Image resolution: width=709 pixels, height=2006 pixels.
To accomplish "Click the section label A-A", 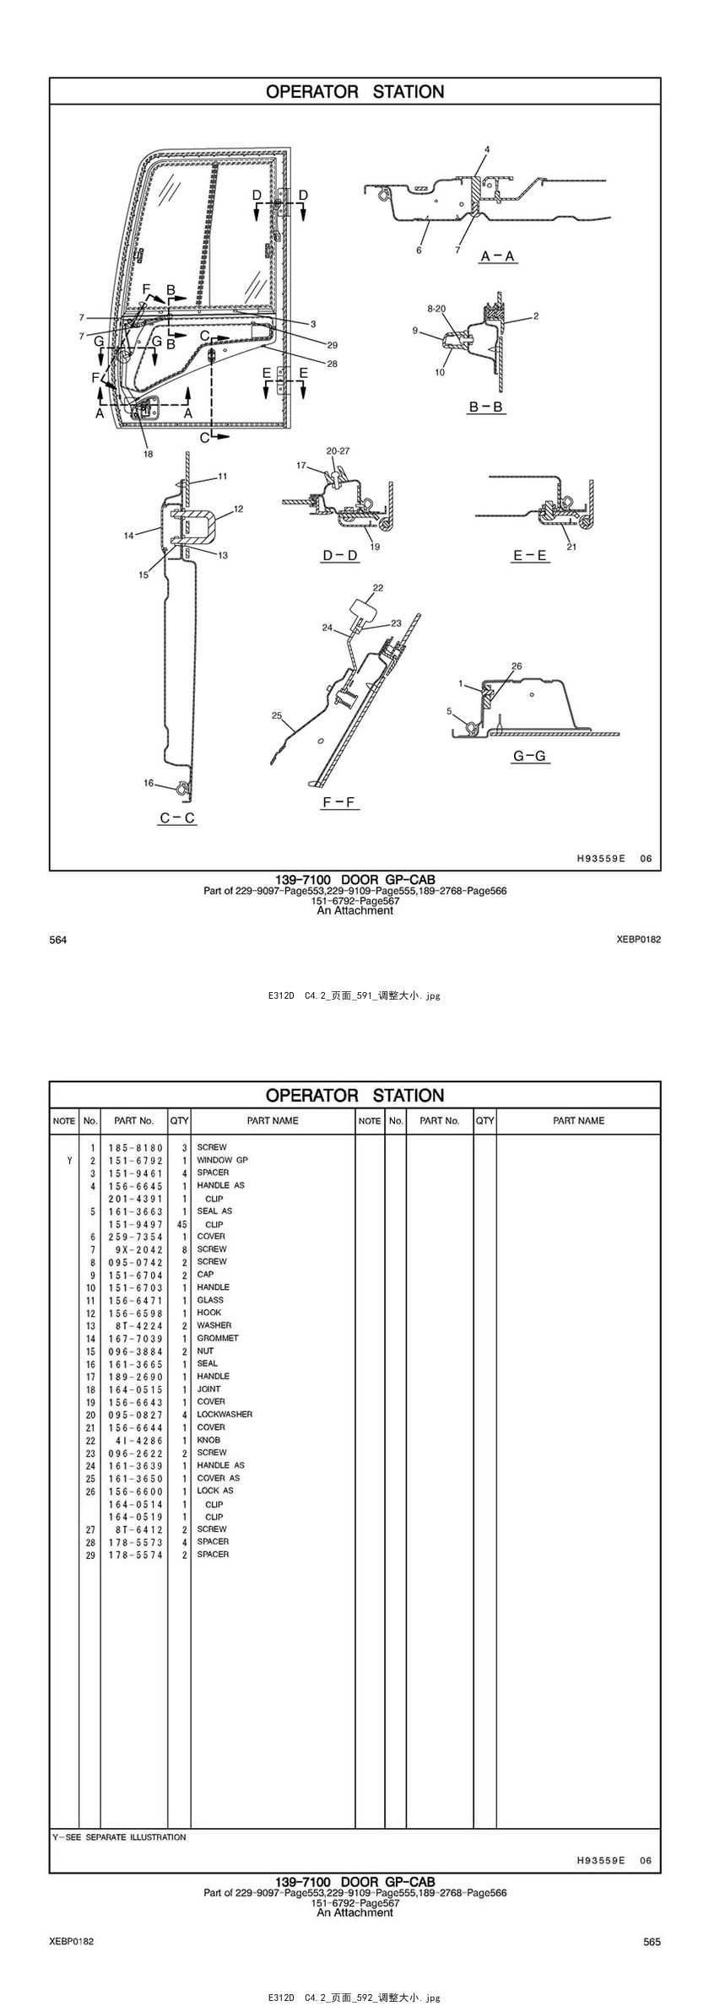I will [x=498, y=256].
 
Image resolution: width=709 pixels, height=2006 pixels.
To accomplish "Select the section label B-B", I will [x=486, y=407].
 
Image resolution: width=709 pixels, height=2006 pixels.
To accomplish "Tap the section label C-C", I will [x=177, y=817].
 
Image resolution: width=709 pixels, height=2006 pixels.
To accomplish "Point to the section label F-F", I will [x=340, y=802].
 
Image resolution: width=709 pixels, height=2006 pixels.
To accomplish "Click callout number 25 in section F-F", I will [x=276, y=715].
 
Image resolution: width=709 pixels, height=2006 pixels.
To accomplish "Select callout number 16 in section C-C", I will [x=149, y=783].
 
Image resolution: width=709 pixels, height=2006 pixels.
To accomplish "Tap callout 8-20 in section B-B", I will [x=436, y=309].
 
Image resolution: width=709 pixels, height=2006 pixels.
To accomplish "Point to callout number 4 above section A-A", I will [x=487, y=150].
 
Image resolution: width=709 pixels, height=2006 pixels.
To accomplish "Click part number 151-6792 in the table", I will [x=135, y=1160].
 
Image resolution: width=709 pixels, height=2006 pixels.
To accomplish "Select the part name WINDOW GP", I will [x=222, y=1160].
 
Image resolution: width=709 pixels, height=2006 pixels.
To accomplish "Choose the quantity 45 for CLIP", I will [x=181, y=1224].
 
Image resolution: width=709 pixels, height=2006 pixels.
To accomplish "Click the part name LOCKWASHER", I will [x=225, y=1414].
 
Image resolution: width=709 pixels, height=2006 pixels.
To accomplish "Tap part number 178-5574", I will [x=135, y=1554].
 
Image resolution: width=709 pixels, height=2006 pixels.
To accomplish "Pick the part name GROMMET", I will [x=218, y=1338].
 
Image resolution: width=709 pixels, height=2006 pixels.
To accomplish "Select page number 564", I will [x=58, y=940].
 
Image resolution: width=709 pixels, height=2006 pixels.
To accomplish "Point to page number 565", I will [x=652, y=1941].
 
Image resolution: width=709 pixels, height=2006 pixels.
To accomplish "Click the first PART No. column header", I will [x=134, y=1120].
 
